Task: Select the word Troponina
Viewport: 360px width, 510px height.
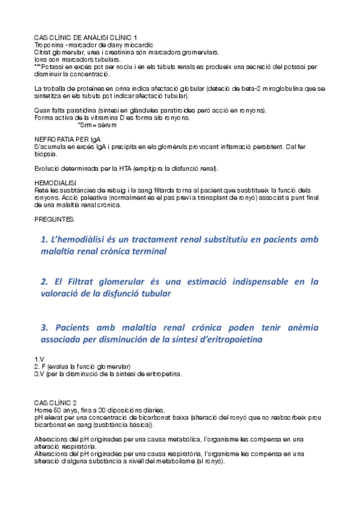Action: point(49,45)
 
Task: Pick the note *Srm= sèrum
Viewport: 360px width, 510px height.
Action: point(97,124)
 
